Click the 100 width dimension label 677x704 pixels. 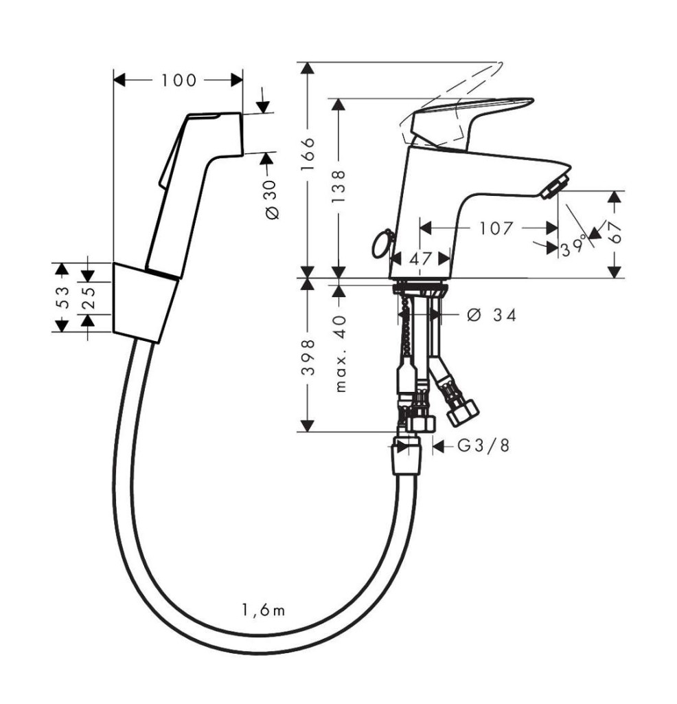click(x=179, y=80)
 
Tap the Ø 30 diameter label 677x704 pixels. click(x=272, y=200)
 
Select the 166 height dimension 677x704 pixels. click(x=308, y=154)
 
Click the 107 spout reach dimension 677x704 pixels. click(x=496, y=228)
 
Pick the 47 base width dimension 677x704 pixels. click(x=420, y=259)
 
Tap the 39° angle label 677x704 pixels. click(x=574, y=247)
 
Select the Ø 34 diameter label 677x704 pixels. click(x=492, y=315)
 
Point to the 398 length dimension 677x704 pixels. click(x=308, y=357)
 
